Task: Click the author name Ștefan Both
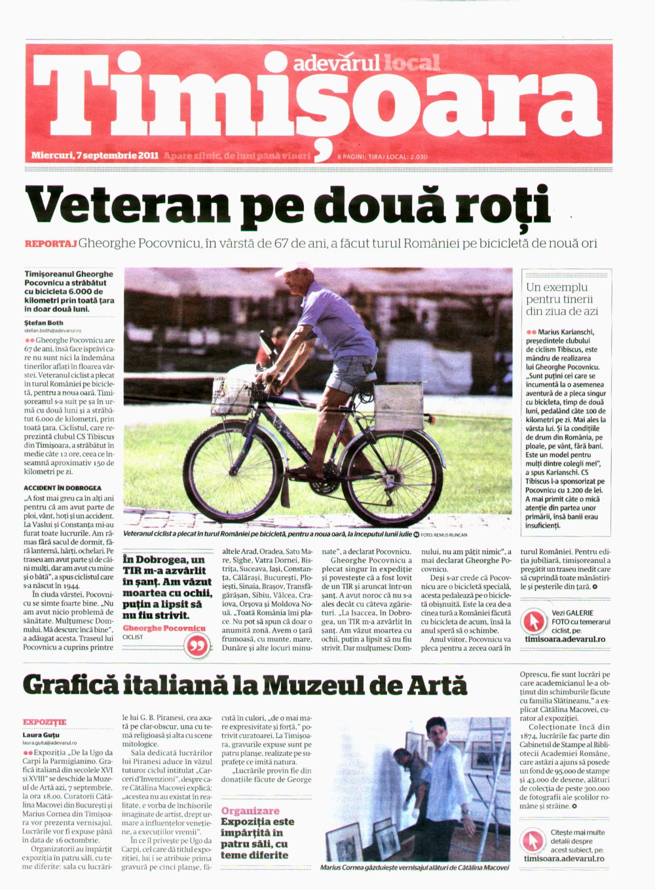pos(44,323)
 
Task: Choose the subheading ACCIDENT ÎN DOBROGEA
pos(62,488)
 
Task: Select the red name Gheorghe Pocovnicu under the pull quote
pos(164,628)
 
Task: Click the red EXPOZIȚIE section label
pos(45,722)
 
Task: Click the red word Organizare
pos(250,811)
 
